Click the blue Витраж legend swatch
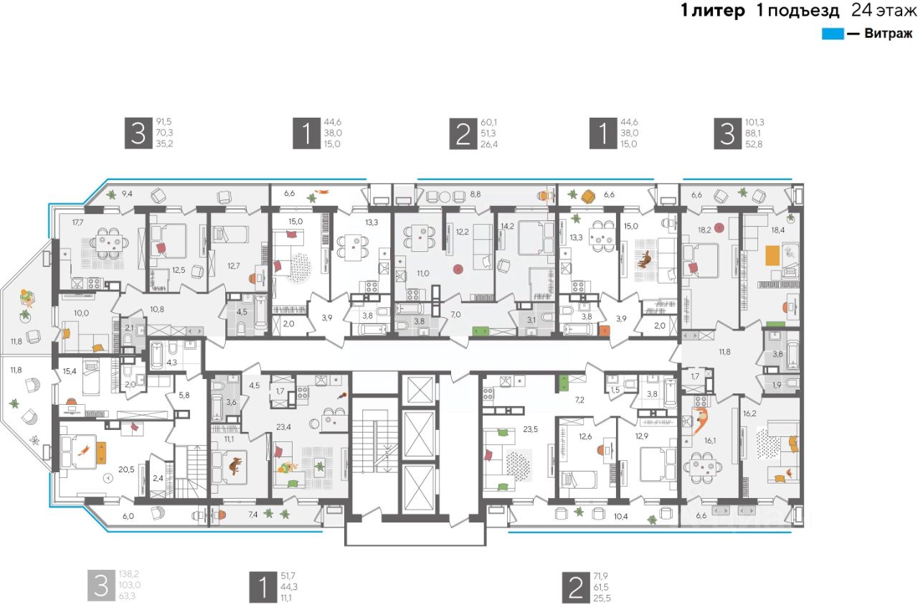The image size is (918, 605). (x=833, y=34)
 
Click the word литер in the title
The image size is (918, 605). (x=719, y=10)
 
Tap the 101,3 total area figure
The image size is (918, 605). (x=755, y=122)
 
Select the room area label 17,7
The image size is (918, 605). (x=78, y=222)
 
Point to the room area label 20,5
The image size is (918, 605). (x=126, y=469)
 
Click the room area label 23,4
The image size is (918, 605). (x=283, y=427)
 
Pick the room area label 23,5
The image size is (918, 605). (x=530, y=429)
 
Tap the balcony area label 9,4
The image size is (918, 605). (x=127, y=194)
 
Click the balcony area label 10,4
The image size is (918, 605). (x=620, y=517)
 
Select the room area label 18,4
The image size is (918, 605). (x=778, y=230)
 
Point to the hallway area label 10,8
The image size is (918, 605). (x=157, y=309)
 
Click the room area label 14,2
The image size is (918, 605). (x=507, y=225)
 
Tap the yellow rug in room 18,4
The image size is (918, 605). (x=773, y=255)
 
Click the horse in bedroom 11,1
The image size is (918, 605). (x=235, y=466)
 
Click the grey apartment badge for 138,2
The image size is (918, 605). (x=101, y=586)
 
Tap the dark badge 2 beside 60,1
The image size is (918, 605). (x=463, y=133)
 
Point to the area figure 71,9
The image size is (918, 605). (x=601, y=576)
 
